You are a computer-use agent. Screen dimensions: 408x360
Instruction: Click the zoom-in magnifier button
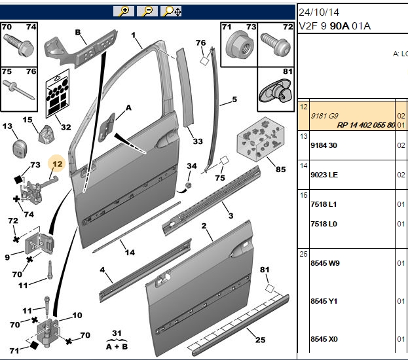124,11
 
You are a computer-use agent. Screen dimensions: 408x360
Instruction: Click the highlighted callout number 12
57,164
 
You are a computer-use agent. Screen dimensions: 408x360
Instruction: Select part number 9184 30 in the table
324,145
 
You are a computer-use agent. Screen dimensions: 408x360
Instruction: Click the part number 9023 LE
324,175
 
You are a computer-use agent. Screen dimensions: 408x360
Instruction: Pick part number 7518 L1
324,204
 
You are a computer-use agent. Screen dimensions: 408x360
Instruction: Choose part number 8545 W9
325,263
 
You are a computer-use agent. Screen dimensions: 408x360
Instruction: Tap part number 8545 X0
324,339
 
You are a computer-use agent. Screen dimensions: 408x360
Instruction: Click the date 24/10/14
319,12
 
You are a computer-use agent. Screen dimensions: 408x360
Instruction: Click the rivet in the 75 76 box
18,90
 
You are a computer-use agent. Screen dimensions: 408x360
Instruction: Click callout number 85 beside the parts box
280,170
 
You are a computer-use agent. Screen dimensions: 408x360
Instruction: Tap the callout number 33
198,141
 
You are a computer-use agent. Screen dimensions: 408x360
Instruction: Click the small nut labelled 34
189,185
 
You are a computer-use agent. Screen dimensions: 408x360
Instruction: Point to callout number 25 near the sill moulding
260,340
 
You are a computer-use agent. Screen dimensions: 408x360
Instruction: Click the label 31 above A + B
117,333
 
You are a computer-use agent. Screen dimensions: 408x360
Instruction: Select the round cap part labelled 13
19,149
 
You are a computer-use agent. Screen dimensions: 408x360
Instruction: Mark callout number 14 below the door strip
130,252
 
